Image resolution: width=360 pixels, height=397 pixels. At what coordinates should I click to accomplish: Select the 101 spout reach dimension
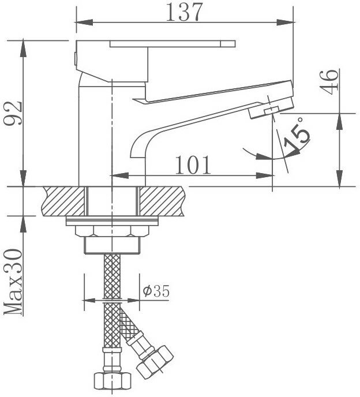coord(192,164)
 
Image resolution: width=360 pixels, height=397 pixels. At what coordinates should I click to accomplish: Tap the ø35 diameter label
coord(156,291)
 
